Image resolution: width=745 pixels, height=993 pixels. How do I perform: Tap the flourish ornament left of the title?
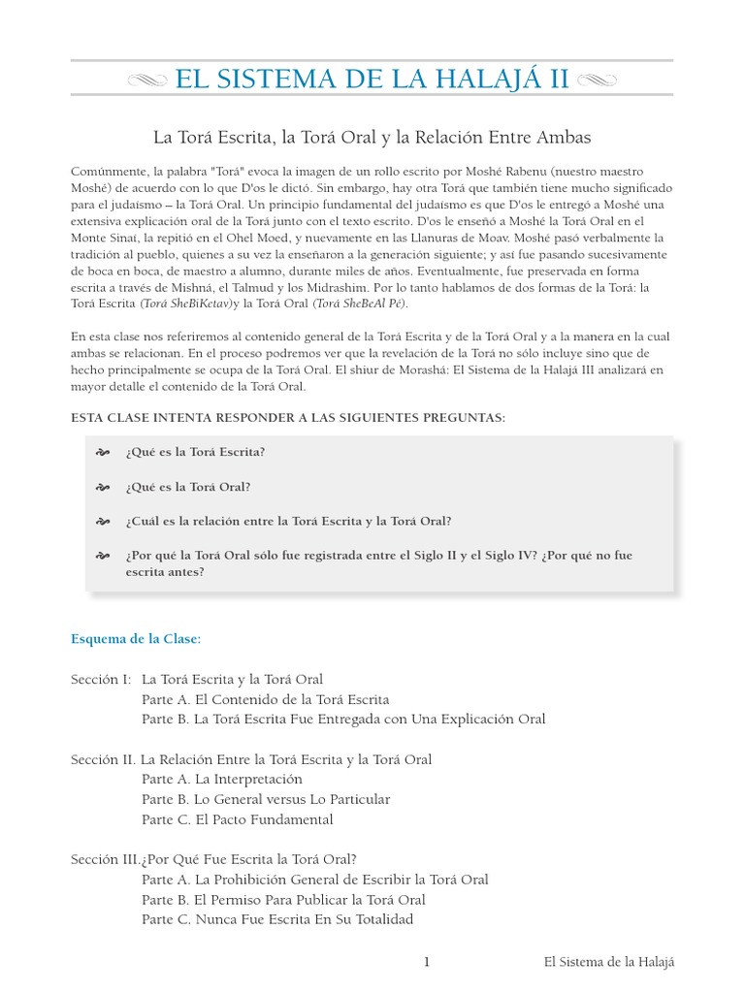pyautogui.click(x=146, y=80)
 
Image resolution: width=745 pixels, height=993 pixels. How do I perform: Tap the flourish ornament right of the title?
pyautogui.click(x=598, y=80)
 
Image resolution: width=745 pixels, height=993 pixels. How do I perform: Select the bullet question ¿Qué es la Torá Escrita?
pyautogui.click(x=195, y=452)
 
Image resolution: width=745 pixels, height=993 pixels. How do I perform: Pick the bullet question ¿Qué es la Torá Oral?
pyautogui.click(x=188, y=487)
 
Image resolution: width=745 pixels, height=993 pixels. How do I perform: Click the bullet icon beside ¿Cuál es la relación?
pyautogui.click(x=103, y=522)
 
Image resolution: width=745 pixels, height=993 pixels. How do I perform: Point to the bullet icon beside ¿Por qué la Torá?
pyautogui.click(x=103, y=556)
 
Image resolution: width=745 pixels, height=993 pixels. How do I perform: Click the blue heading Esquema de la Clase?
pyautogui.click(x=136, y=639)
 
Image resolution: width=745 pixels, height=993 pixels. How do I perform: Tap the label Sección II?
pyautogui.click(x=103, y=759)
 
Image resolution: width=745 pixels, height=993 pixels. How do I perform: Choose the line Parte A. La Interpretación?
pyautogui.click(x=222, y=779)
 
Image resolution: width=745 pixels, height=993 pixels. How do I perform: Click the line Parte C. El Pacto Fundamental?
pyautogui.click(x=237, y=819)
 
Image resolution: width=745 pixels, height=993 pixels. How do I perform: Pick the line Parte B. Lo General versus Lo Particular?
pyautogui.click(x=266, y=799)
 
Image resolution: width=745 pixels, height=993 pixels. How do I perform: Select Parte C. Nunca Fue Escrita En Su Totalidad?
pyautogui.click(x=277, y=919)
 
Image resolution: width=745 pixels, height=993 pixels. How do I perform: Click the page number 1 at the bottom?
pyautogui.click(x=426, y=962)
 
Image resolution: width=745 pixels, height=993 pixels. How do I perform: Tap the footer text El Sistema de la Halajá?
pyautogui.click(x=608, y=962)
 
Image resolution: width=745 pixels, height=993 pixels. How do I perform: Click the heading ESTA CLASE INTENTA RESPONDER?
pyautogui.click(x=288, y=417)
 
